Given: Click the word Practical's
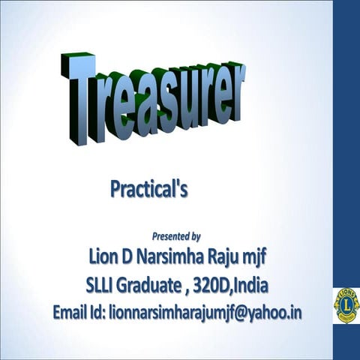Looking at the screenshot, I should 148,188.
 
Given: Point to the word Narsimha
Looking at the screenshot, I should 175,259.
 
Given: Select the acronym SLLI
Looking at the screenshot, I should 101,286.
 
